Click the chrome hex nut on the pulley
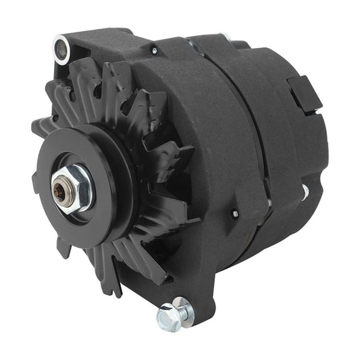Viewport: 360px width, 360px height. (73, 187)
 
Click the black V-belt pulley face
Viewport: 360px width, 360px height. (95, 162)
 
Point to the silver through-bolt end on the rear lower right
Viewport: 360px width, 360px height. (305, 192)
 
